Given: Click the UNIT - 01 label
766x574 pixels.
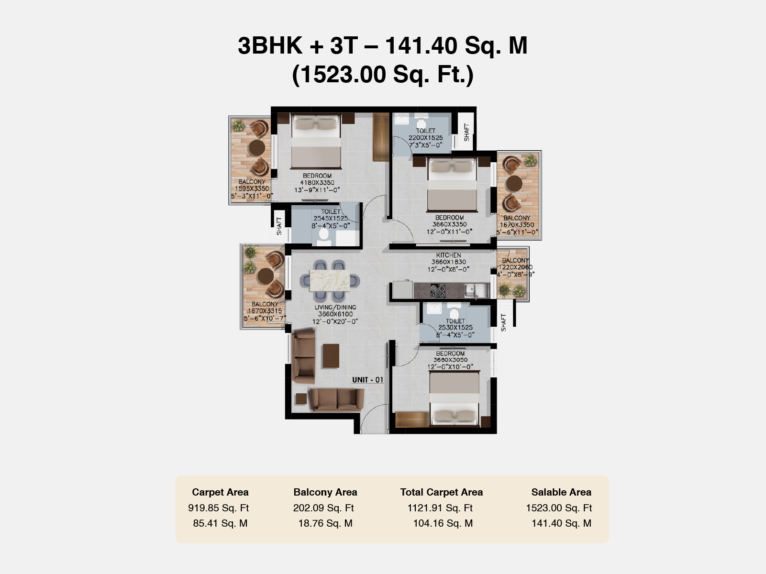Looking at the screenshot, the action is (367, 380).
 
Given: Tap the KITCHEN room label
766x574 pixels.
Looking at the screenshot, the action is (448, 255).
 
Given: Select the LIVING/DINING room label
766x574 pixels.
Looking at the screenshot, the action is (335, 307).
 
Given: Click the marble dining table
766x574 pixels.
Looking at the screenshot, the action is (330, 280).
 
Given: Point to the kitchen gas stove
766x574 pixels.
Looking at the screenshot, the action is (438, 291).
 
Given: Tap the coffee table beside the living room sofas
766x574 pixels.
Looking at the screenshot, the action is (331, 356).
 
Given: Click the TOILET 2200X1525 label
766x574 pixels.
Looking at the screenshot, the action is (426, 138).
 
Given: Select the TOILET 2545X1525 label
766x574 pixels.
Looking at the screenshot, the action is (331, 219).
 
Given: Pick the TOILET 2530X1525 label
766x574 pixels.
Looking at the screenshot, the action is (455, 328).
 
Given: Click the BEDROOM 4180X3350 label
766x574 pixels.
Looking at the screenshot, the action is (317, 183).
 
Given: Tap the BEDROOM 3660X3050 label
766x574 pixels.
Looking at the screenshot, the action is (450, 360).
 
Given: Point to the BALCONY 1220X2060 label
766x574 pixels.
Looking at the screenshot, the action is (515, 267).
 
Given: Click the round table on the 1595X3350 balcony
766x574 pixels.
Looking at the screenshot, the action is (257, 148).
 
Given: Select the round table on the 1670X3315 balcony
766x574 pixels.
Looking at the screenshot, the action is (266, 276).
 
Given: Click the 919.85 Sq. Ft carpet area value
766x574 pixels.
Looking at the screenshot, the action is (219, 508).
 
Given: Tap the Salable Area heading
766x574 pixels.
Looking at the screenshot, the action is (561, 492).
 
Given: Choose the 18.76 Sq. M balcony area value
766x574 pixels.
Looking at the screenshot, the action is (325, 523).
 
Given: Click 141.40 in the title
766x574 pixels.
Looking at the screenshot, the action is (421, 46).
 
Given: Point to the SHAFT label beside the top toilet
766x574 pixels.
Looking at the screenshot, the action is (466, 132).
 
